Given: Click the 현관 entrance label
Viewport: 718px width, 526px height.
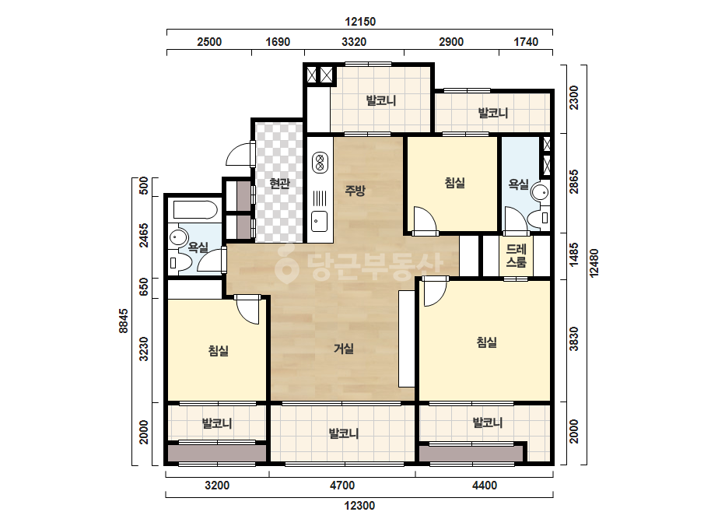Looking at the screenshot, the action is pos(279,184).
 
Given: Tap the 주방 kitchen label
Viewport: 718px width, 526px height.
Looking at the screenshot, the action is pos(355,190).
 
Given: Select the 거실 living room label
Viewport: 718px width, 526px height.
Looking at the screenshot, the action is pos(343,349).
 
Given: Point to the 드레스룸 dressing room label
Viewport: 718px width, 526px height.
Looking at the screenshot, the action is pos(516,256).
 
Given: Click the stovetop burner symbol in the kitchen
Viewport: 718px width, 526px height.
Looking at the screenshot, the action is pos(320,163).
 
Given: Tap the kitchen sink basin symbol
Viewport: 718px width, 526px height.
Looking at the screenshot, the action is pos(320,221).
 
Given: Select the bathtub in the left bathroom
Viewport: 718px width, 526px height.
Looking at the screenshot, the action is pos(195,210).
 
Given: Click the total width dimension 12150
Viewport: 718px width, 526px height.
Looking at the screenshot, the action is pos(360,22).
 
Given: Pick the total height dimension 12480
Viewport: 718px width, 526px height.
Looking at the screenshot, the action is pos(594,263).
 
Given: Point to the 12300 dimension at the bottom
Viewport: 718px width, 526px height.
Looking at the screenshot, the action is pos(359,506).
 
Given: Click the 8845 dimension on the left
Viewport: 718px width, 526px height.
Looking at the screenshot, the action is pos(124,321).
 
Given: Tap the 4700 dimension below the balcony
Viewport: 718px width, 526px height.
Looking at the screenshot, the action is pos(342,486).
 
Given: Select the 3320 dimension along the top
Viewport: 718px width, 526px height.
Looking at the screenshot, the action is pos(354,42).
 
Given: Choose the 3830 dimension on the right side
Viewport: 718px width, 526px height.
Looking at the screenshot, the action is pos(574,338).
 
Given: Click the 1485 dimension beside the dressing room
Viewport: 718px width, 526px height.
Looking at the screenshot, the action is pos(574,254).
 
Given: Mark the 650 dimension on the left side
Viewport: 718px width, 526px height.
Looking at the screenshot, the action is pos(144,287).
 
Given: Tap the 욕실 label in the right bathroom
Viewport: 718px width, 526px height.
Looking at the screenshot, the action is pos(518,184).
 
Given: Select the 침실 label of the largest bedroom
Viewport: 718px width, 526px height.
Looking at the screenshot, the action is pos(486,342).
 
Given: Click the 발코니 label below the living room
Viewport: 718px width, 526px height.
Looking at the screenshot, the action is pos(343,433).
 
